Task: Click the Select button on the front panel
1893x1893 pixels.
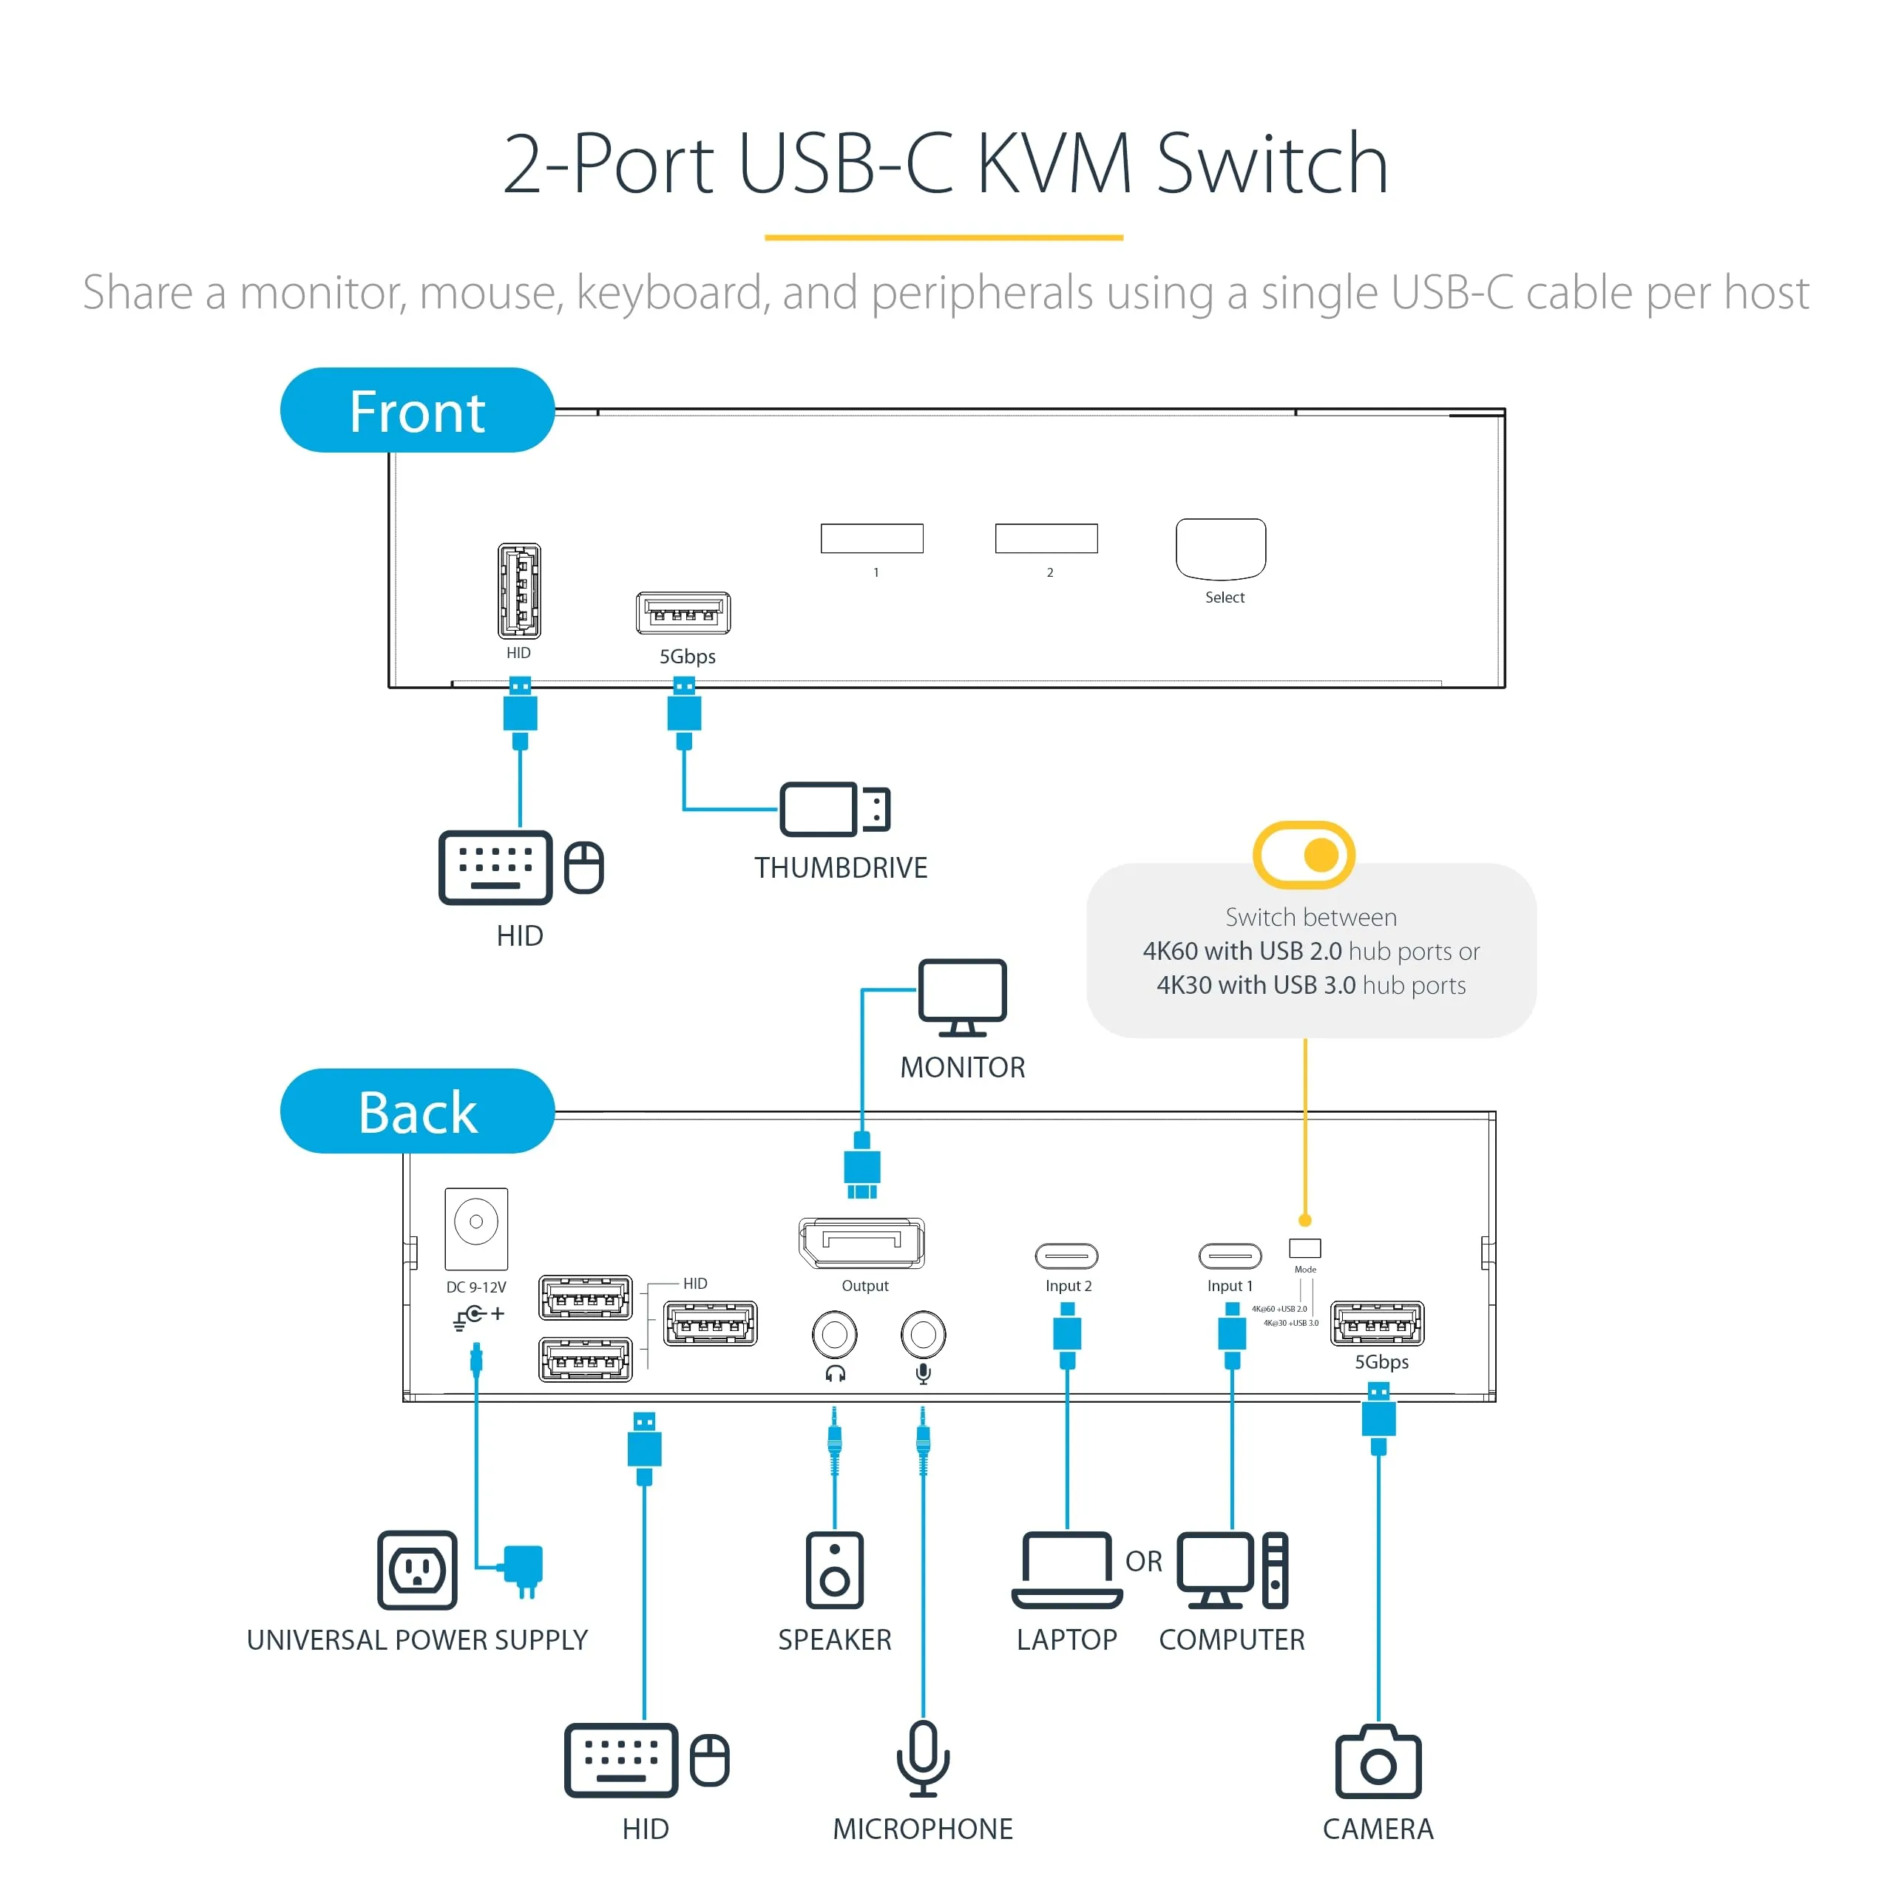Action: pos(1220,549)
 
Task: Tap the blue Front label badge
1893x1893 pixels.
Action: pos(417,410)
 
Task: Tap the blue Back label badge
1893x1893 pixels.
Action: pos(417,1111)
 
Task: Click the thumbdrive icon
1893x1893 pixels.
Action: pos(834,809)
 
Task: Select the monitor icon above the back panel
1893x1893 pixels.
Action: pos(962,997)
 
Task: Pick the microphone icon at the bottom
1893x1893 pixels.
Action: pos(923,1758)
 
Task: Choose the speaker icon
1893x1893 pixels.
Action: pos(835,1570)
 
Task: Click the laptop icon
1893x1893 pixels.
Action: pos(1067,1570)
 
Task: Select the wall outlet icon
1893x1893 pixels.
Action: pos(417,1570)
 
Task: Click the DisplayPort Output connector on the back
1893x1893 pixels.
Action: pos(861,1243)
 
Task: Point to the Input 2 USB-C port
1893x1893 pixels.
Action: pos(1066,1255)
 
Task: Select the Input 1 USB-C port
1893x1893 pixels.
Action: pos(1230,1255)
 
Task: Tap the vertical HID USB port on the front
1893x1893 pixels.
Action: pos(519,591)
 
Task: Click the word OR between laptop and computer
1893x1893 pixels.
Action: pos(1143,1561)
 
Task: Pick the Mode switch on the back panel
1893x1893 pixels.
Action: pos(1304,1247)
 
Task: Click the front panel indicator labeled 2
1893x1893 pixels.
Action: pos(1046,538)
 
